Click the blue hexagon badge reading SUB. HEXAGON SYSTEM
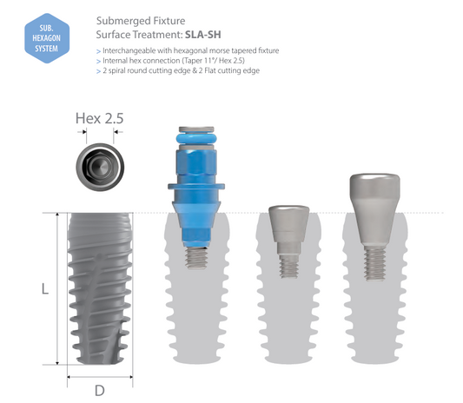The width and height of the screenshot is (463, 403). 47,38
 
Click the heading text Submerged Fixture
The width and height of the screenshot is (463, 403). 141,21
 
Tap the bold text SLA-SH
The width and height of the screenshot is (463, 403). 203,35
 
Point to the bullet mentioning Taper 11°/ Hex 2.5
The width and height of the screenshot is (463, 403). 170,61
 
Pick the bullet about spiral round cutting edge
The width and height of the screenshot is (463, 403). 178,71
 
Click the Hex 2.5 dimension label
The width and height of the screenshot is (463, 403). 100,118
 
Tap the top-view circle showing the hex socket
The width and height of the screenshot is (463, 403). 100,167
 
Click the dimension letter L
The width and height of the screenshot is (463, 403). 45,288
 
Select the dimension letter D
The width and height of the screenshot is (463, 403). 100,391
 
